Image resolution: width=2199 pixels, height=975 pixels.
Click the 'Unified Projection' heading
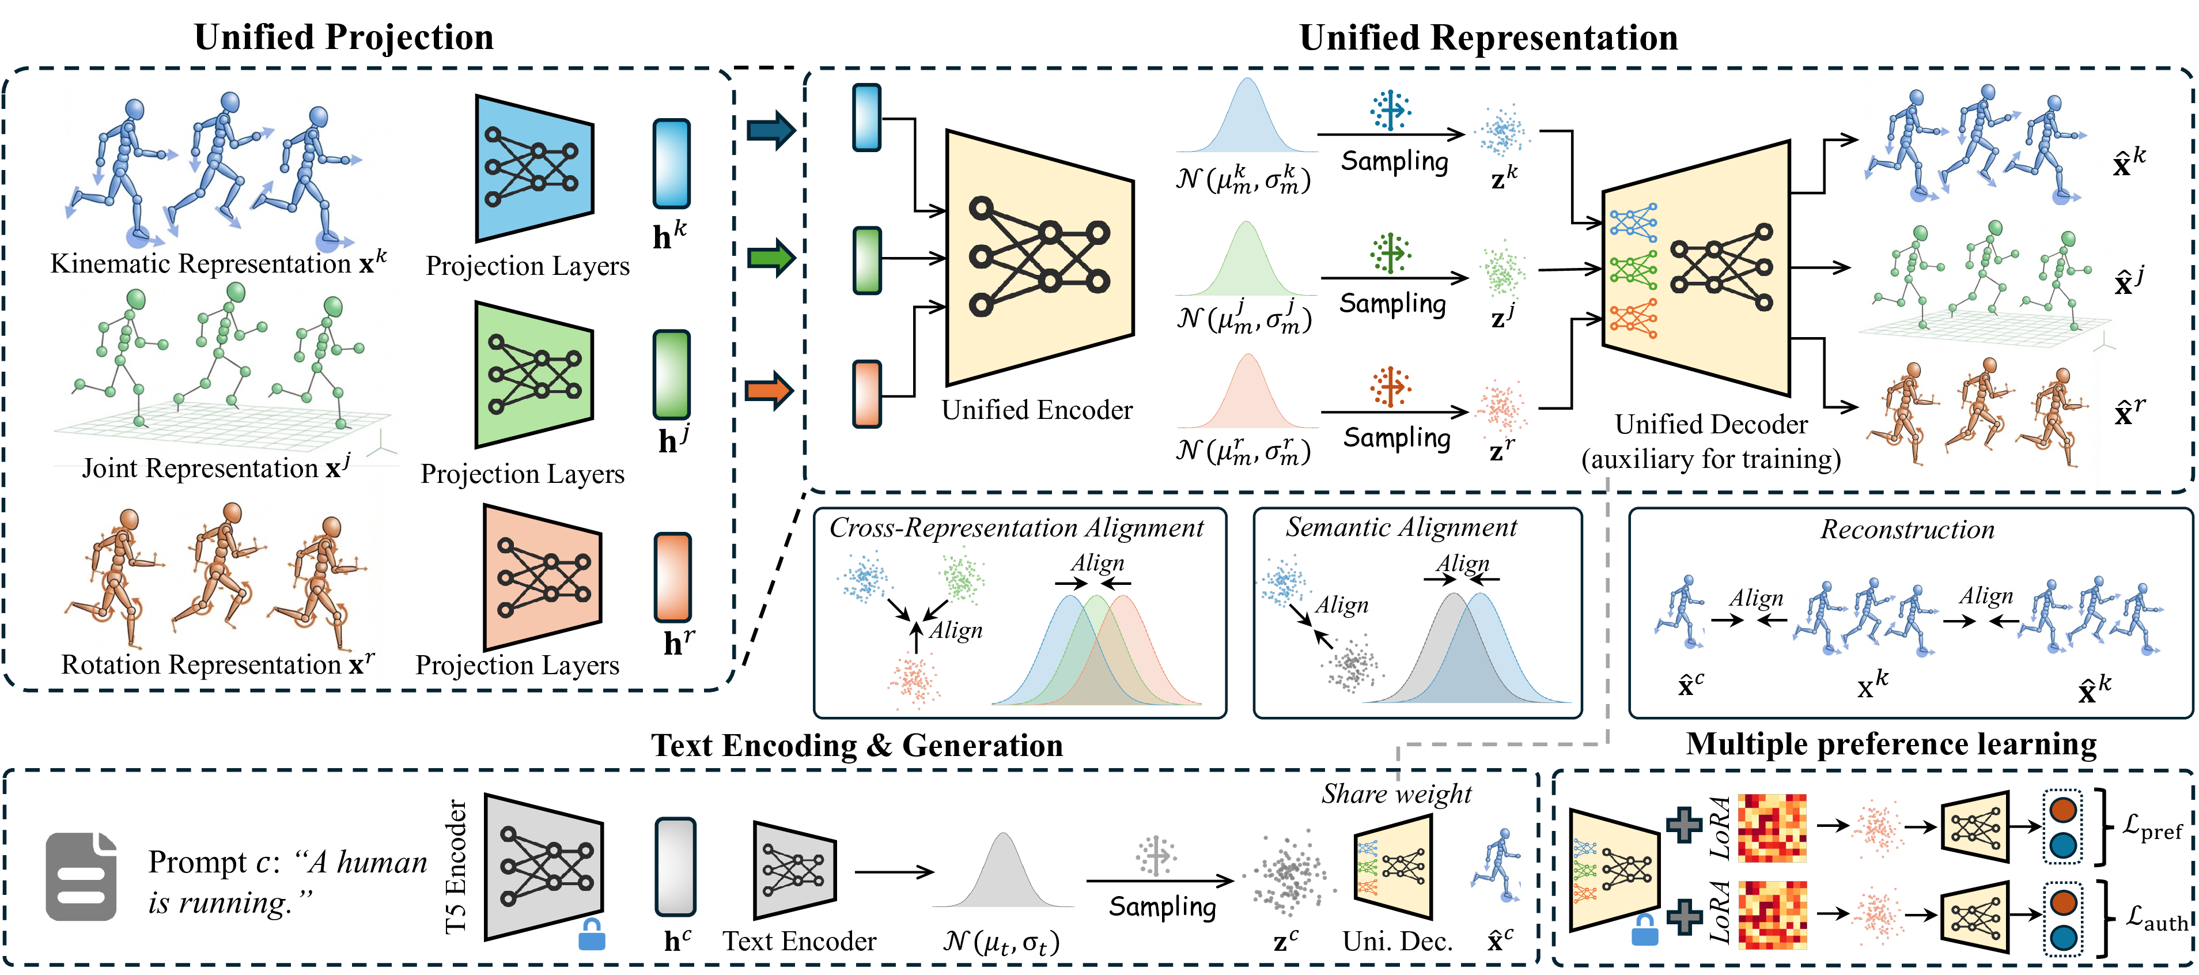(343, 37)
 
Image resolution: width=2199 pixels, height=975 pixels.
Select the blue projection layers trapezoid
(533, 168)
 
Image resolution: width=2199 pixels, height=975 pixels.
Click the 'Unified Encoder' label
(1036, 411)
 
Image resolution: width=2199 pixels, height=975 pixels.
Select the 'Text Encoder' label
(799, 941)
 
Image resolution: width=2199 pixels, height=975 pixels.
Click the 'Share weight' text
(1396, 794)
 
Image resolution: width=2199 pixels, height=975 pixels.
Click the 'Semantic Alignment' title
(1401, 528)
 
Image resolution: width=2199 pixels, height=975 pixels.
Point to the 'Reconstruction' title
(1907, 530)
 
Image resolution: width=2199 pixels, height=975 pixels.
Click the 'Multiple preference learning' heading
(1891, 745)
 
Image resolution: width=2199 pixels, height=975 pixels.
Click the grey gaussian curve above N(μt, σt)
(1002, 871)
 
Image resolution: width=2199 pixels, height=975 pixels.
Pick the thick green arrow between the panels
(771, 257)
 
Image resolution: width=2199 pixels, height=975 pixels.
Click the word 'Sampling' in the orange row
(1396, 438)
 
